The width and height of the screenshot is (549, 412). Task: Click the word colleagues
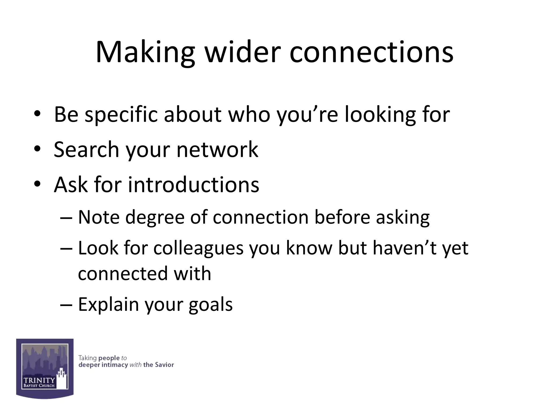[198, 248]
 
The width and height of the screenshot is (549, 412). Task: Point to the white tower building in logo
[62, 379]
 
